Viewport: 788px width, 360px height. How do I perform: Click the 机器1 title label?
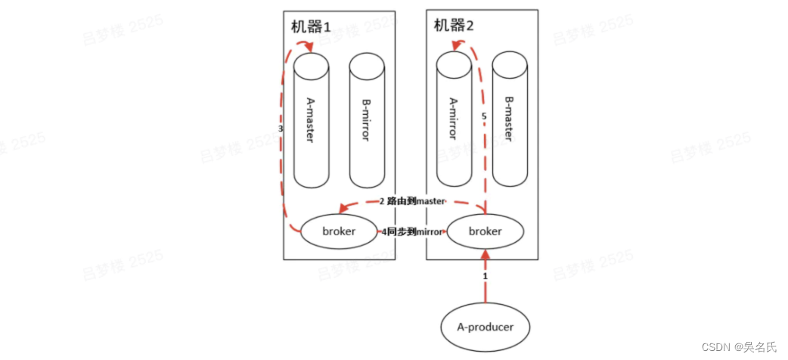click(311, 26)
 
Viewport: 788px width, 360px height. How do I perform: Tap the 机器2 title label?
click(454, 25)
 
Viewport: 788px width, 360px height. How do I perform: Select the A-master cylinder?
click(312, 121)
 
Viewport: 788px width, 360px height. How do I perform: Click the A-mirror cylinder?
click(454, 121)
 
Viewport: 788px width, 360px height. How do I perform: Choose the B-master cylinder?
click(509, 121)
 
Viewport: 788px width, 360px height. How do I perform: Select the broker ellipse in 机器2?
click(485, 231)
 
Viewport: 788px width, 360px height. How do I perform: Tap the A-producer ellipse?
click(486, 327)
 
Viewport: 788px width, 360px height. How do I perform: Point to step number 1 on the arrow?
click(486, 277)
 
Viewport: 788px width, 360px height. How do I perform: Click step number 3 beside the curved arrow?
click(281, 129)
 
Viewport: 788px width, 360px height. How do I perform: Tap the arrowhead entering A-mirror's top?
click(454, 47)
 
